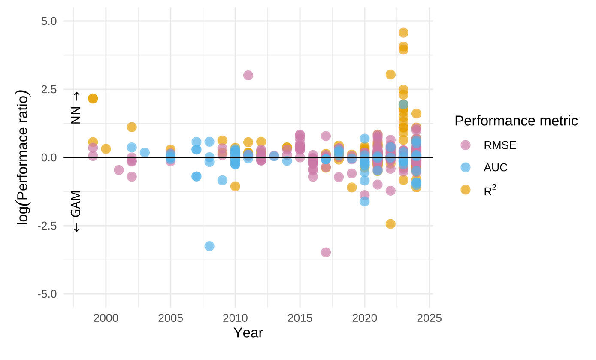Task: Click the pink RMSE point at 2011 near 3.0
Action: [248, 75]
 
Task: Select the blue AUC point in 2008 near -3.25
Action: [209, 246]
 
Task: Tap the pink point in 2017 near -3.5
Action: [326, 252]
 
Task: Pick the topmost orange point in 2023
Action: [403, 33]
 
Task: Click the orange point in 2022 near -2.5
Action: [390, 224]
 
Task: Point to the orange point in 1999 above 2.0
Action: [93, 98]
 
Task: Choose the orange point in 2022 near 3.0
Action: [390, 74]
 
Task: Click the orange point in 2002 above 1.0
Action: [132, 127]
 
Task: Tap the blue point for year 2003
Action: [145, 152]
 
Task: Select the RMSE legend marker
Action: [465, 145]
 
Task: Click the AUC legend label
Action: [496, 168]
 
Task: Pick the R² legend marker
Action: [465, 190]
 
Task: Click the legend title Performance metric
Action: [516, 121]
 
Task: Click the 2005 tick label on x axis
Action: [170, 318]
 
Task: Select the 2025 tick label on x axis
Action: [430, 318]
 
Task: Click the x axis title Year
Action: [248, 333]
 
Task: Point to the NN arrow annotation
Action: [76, 108]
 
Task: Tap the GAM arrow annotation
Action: [76, 215]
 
